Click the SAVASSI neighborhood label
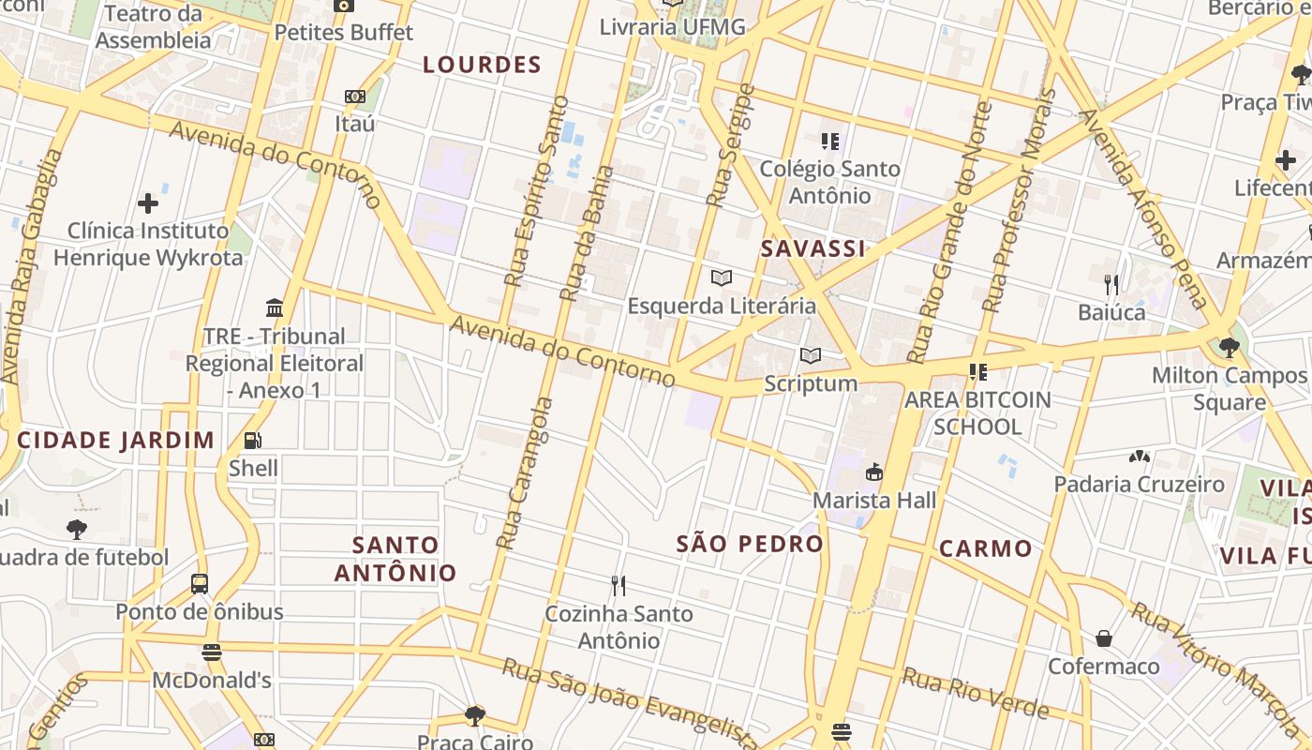pos(813,248)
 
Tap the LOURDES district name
pos(482,65)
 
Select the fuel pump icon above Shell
pos(252,440)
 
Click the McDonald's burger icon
pos(212,652)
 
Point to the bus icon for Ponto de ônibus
pos(200,584)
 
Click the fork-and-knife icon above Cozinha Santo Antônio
pos(618,586)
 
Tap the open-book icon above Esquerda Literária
pos(721,277)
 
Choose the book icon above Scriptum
pos(811,355)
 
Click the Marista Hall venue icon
pos(874,472)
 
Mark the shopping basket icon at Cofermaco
pos(1104,638)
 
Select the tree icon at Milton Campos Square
pos(1229,348)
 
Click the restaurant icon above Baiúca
pos(1111,284)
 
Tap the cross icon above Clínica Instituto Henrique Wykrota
pos(148,202)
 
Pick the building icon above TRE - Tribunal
pos(275,307)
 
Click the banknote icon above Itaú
pos(354,97)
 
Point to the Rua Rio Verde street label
pos(975,692)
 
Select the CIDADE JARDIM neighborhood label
pos(115,440)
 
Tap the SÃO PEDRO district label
pos(750,544)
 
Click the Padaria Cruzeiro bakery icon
pos(1139,457)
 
